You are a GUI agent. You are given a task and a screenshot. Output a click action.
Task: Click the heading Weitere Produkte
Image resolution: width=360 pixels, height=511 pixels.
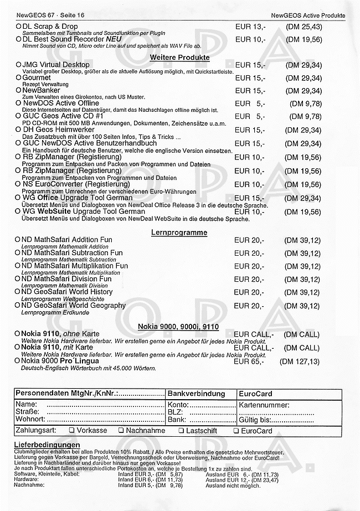(x=179, y=56)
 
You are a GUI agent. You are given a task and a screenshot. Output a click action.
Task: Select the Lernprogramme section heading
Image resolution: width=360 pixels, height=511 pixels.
(x=179, y=233)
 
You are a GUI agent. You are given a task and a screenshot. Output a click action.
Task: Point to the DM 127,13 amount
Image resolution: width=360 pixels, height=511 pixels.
(x=300, y=362)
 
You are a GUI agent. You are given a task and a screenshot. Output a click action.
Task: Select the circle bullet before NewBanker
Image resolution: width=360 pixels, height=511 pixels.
(x=18, y=91)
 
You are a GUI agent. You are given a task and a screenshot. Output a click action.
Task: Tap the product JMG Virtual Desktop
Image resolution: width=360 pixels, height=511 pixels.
(x=55, y=65)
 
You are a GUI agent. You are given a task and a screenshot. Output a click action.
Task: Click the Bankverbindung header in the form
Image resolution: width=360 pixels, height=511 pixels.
(x=196, y=394)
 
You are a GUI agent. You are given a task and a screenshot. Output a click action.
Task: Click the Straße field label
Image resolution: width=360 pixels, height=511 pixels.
(x=27, y=412)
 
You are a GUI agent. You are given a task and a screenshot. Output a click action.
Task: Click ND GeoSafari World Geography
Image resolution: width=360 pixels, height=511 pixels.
(x=74, y=306)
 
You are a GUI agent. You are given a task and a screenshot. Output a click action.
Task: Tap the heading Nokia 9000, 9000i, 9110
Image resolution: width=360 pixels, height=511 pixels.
(x=179, y=326)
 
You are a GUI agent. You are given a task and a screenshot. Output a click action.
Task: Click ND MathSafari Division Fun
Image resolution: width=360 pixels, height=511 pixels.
(x=66, y=279)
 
